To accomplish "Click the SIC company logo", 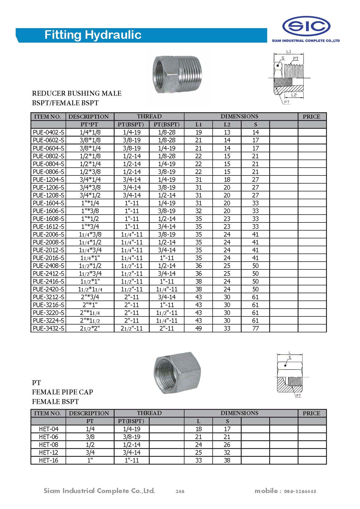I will pos(306,27).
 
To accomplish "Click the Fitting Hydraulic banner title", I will pos(93,35).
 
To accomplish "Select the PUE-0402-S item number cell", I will pos(48,133).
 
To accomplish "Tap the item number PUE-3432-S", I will pos(48,329).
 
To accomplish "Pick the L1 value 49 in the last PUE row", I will pos(198,329).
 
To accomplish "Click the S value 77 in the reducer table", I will pos(255,329).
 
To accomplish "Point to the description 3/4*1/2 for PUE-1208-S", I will pos(90,195).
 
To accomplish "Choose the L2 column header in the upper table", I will pos(227,125).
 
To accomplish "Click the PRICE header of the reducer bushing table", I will pos(312,117).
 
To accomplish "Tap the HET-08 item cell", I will pos(48,445).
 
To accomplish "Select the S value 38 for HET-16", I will pos(227,461).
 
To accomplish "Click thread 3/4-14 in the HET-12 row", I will pos(132,453).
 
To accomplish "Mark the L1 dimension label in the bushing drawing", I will pos(289,52).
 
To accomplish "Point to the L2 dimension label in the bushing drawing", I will pos(294,95).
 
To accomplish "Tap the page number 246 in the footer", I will pos(180,491).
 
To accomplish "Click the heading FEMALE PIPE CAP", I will pos(62,392).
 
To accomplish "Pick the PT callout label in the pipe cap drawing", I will pos(299,396).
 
